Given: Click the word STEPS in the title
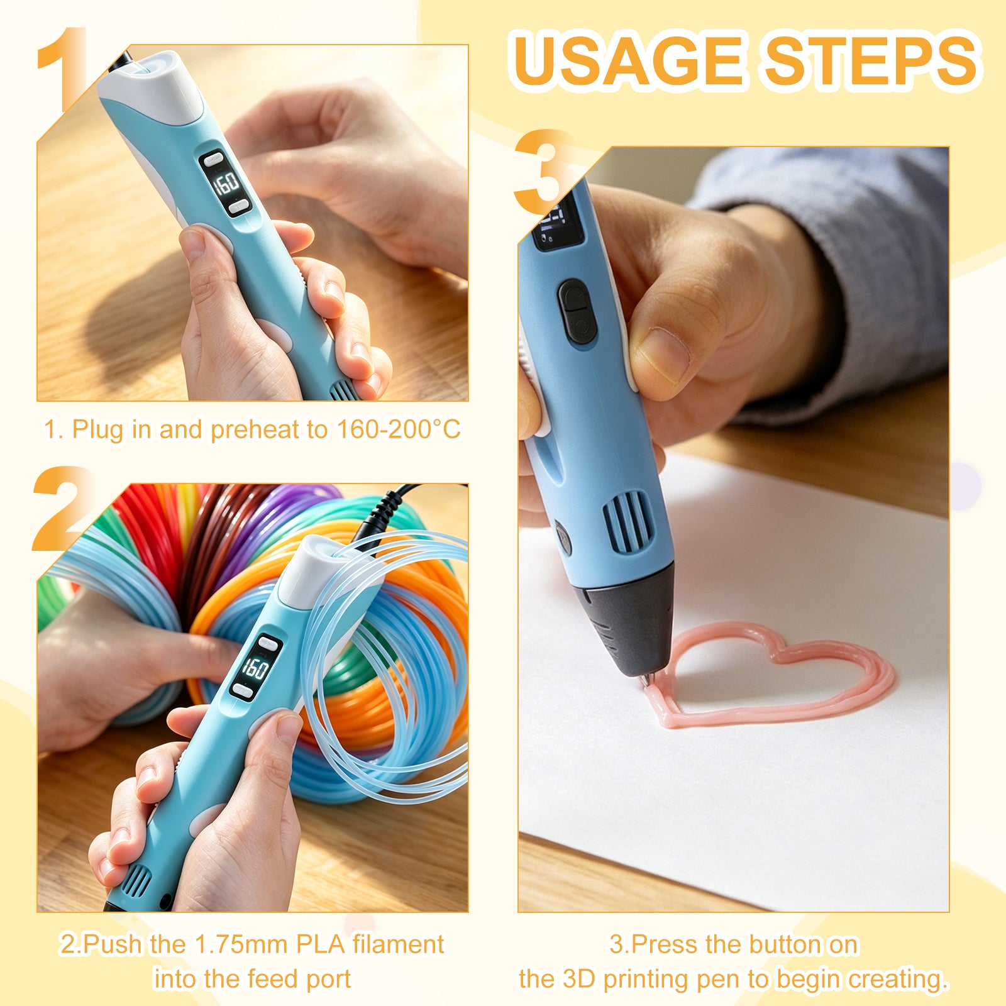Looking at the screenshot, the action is [871, 60].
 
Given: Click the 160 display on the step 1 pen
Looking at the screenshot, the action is [225, 183].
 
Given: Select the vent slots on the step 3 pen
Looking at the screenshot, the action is [628, 522].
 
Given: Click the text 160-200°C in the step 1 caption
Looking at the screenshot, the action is [399, 429].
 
